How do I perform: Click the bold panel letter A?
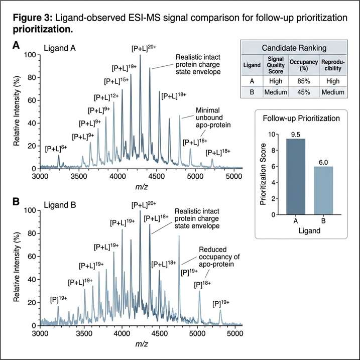tap(17, 46)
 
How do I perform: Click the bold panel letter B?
tap(17, 201)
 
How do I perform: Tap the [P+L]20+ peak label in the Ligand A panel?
tap(143, 49)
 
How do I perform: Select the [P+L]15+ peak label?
tap(116, 81)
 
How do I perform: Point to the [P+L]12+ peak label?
tap(106, 97)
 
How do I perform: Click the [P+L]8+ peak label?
tap(56, 149)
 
